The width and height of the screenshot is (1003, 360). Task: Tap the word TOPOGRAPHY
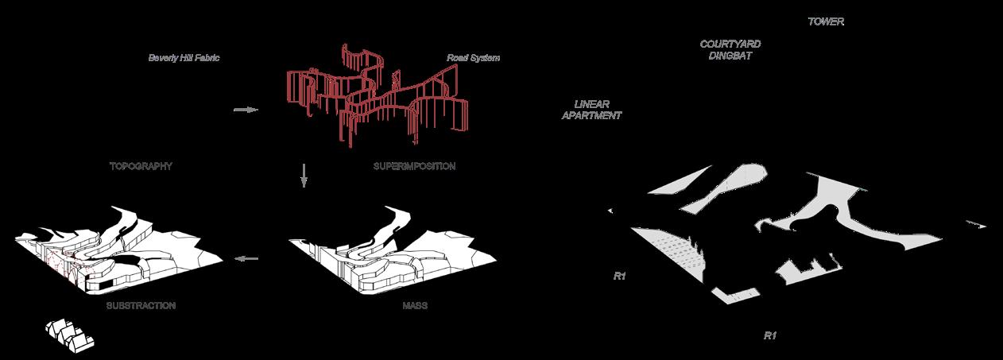(x=141, y=167)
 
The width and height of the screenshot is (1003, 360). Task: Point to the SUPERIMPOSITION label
(x=413, y=167)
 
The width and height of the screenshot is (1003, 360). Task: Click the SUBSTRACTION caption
(x=141, y=305)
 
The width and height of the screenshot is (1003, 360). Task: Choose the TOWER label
(x=826, y=22)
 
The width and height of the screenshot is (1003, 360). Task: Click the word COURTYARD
(x=726, y=45)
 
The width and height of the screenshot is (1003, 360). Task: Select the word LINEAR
(x=597, y=104)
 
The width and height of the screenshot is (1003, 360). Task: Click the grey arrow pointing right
(x=246, y=110)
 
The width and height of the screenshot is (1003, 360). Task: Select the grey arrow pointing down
(x=304, y=175)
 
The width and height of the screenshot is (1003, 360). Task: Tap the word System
(x=484, y=58)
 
